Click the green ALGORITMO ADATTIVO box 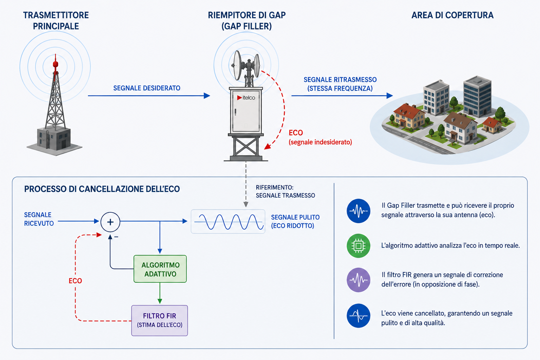160,269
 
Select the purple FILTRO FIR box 160,321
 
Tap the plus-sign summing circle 110,222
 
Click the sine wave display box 228,221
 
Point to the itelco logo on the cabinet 246,98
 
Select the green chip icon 359,246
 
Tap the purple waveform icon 359,280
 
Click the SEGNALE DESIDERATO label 147,88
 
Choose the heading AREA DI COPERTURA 452,15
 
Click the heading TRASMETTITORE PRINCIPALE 56,20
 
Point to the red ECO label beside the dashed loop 75,281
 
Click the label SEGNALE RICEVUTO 39,219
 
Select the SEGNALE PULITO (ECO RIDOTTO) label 295,221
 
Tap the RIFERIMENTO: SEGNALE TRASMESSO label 285,192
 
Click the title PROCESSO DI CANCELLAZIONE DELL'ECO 102,189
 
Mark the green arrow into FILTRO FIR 160,293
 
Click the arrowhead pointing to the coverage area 390,96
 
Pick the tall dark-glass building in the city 477,96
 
